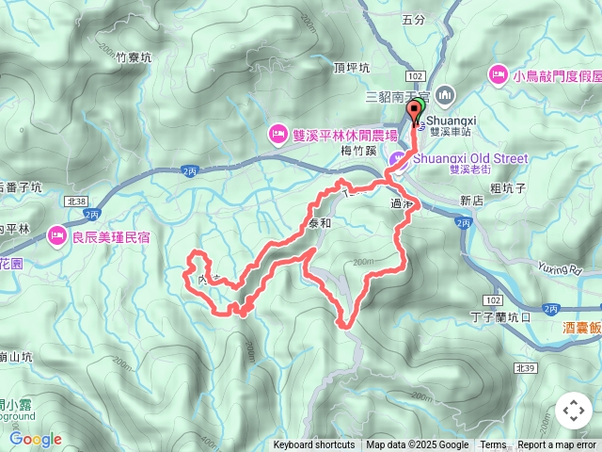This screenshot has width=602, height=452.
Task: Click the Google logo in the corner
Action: (x=36, y=439)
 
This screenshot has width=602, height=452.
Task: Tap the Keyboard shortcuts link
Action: (x=314, y=445)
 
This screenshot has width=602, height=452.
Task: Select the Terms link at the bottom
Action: (x=493, y=445)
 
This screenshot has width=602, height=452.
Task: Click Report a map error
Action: (x=558, y=445)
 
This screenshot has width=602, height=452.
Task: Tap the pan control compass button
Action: (x=573, y=411)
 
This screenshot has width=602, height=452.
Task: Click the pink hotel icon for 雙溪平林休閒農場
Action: (x=277, y=132)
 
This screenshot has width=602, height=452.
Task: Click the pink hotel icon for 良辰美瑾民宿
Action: (x=58, y=234)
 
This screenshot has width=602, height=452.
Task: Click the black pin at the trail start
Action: (x=414, y=113)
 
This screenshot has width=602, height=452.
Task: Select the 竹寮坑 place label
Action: (x=134, y=57)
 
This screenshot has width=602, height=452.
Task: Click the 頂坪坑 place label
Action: (x=351, y=69)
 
